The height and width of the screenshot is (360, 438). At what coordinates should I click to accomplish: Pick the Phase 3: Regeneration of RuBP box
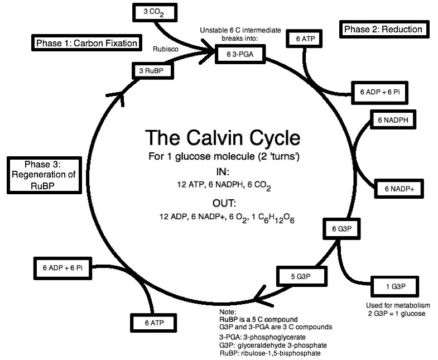click(41, 175)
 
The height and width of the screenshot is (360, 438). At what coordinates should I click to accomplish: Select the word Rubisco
click(165, 49)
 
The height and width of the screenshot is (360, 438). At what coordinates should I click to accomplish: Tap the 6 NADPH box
click(393, 119)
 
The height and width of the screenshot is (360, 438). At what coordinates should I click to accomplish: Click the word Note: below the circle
click(229, 311)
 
